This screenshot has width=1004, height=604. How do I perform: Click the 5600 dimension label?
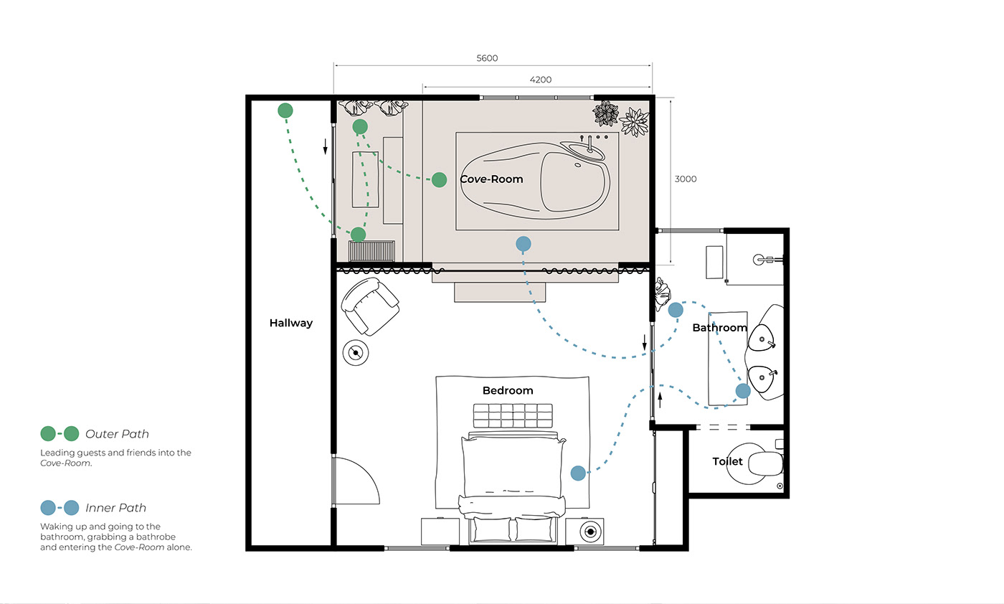[x=487, y=58]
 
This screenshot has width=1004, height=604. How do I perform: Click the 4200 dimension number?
[x=540, y=80]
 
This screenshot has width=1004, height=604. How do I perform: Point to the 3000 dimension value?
[x=686, y=179]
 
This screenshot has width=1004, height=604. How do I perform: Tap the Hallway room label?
[x=291, y=323]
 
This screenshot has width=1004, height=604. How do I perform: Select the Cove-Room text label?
[x=491, y=179]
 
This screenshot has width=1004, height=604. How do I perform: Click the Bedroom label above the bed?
[x=508, y=390]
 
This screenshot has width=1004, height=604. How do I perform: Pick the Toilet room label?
[x=727, y=461]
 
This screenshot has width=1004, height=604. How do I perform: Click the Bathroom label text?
[x=720, y=328]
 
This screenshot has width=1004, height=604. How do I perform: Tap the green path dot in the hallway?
[x=285, y=110]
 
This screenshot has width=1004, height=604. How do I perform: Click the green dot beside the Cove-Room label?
[x=439, y=180]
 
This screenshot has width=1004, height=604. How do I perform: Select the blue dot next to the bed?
[x=578, y=473]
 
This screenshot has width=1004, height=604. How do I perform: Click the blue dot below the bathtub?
[x=524, y=244]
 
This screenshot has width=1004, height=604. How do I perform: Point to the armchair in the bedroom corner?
[x=370, y=307]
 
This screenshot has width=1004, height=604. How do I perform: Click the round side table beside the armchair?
[x=356, y=353]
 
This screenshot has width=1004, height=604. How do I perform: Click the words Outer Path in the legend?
[x=117, y=434]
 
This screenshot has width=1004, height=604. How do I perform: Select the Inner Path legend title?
[x=115, y=508]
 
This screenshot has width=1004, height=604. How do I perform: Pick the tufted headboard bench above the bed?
[x=513, y=415]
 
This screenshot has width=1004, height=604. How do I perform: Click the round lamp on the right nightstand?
[x=590, y=532]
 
